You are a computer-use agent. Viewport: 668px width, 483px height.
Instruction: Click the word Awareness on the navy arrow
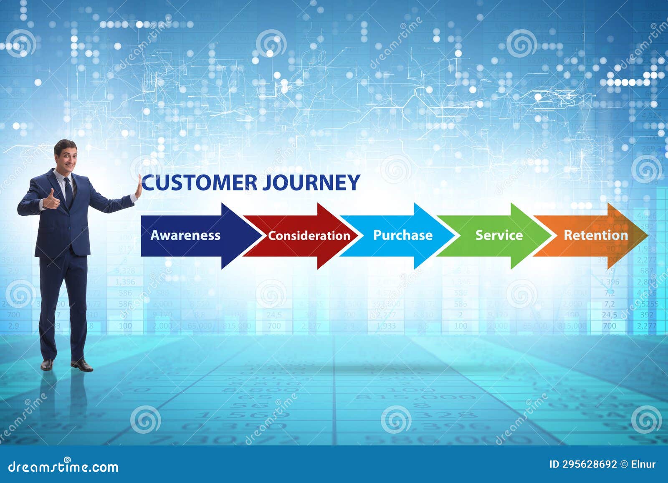tap(185, 235)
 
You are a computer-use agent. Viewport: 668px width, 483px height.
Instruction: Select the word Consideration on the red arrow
tap(309, 236)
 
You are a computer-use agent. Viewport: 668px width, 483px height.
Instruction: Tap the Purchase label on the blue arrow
tap(402, 235)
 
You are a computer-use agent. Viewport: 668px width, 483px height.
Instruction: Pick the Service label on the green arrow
tap(499, 235)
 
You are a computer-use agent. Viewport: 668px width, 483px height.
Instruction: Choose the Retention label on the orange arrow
tap(596, 235)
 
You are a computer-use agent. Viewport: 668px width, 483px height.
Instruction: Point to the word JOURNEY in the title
tap(311, 183)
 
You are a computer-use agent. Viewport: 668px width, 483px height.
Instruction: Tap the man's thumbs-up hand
tap(51, 200)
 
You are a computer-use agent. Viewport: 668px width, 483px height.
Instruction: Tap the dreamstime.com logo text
tap(63, 466)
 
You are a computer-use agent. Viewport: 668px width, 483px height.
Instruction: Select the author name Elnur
tap(643, 464)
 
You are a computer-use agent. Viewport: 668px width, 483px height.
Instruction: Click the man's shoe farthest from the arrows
tap(47, 364)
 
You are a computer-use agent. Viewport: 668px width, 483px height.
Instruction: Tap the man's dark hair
tap(65, 144)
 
